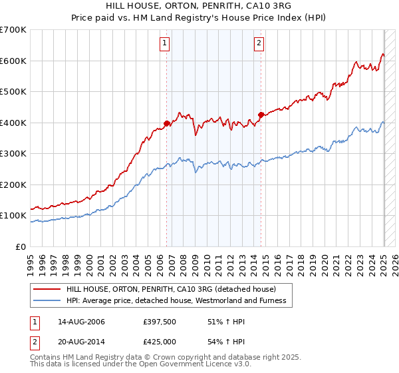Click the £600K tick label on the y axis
(x=13, y=61)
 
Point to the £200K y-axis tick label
(x=13, y=185)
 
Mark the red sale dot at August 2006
(x=167, y=123)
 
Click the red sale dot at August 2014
(x=261, y=115)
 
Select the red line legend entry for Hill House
(x=176, y=289)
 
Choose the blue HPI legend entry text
(x=176, y=301)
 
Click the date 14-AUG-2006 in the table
(x=81, y=322)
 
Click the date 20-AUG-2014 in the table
(x=81, y=342)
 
